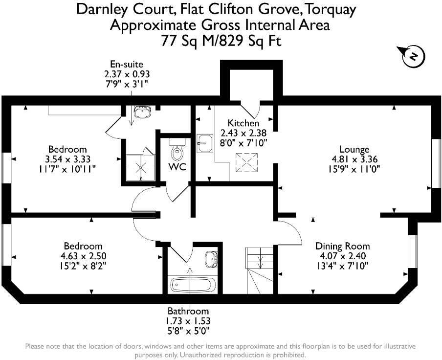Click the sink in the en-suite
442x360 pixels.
143,112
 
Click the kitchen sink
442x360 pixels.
205,143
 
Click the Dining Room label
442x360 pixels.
342,246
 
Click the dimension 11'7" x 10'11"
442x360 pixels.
67,168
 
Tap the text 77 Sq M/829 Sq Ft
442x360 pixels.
221,41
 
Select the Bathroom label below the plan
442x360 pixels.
188,311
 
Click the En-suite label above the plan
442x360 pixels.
126,64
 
